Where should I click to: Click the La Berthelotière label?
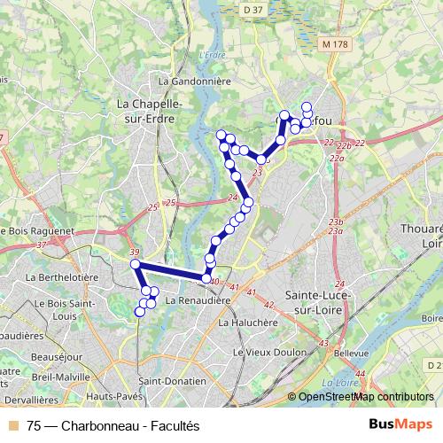click(62, 277)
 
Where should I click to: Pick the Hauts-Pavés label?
click(111, 395)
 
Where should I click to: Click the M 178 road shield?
click(335, 43)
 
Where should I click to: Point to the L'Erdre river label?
click(209, 54)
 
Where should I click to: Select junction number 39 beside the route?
click(134, 253)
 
